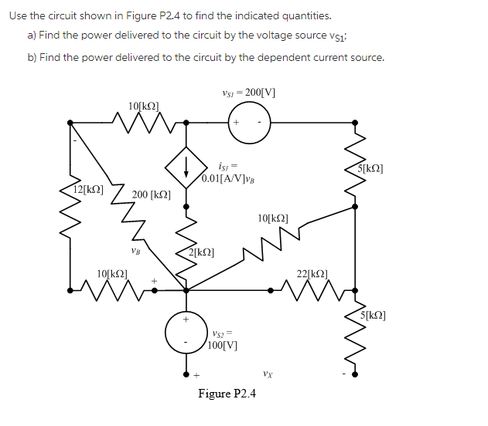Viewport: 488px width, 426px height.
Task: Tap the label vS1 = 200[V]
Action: pos(248,93)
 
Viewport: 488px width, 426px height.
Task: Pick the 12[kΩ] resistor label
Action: pos(88,189)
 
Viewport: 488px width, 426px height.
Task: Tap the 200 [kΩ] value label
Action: pos(151,194)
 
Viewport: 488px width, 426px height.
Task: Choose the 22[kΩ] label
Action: pos(312,273)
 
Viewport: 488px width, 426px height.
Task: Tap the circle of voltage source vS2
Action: pos(186,333)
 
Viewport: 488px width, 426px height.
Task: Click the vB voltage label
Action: pos(136,250)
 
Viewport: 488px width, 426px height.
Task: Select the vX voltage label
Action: pos(266,374)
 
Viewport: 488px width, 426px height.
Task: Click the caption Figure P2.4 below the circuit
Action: pos(227,394)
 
